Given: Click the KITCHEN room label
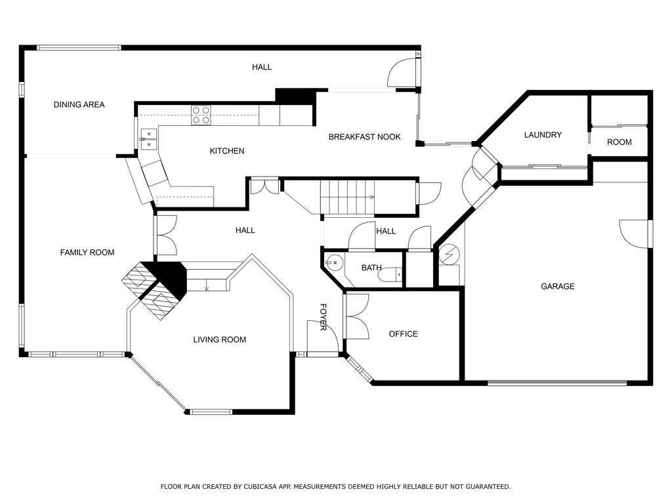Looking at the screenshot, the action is coord(226,151).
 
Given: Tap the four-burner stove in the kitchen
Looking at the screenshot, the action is coord(201,115).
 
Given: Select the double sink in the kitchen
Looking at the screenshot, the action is coord(149,139).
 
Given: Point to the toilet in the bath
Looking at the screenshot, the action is coord(390,274).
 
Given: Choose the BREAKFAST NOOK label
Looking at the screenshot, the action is coord(364,136).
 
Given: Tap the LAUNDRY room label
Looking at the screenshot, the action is coord(543,135).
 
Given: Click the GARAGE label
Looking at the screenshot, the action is coord(557,286).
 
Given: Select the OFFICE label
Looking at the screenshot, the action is coord(403,334).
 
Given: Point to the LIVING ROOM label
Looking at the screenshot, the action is coord(219,340).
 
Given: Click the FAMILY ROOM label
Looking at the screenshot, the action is coord(87,253).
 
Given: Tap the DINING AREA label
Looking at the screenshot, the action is coord(79,104).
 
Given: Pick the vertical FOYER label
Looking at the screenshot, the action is coord(323,317).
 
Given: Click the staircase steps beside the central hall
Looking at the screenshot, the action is coord(348,197).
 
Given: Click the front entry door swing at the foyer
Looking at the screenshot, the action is coord(323,337).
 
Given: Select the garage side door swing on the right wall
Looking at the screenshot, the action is coord(634,234).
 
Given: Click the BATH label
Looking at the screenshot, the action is coord(371,268).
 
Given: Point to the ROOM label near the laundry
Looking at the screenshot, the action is coord(619,142).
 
